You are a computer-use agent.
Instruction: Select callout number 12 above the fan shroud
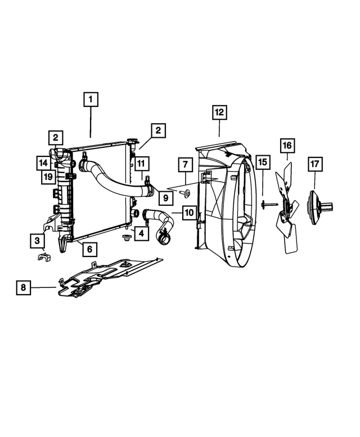coord(219,112)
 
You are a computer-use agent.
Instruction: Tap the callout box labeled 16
coord(287,146)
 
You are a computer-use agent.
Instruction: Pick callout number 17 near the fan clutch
coord(314,164)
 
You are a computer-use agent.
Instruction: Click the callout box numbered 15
coord(263,164)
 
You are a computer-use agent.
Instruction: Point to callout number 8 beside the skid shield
coord(23,288)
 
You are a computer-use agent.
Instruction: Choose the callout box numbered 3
coord(38,241)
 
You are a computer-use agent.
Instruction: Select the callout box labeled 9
coord(165,197)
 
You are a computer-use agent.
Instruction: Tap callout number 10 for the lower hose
coord(188,213)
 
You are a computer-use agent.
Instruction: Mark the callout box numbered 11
coord(141,164)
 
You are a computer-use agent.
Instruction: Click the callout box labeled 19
coord(49,178)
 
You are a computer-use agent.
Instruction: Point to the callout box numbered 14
coord(43,163)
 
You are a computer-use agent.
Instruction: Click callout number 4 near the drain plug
coord(142,232)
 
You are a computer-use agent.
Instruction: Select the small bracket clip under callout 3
coord(41,258)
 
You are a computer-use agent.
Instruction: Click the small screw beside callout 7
coord(186,193)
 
